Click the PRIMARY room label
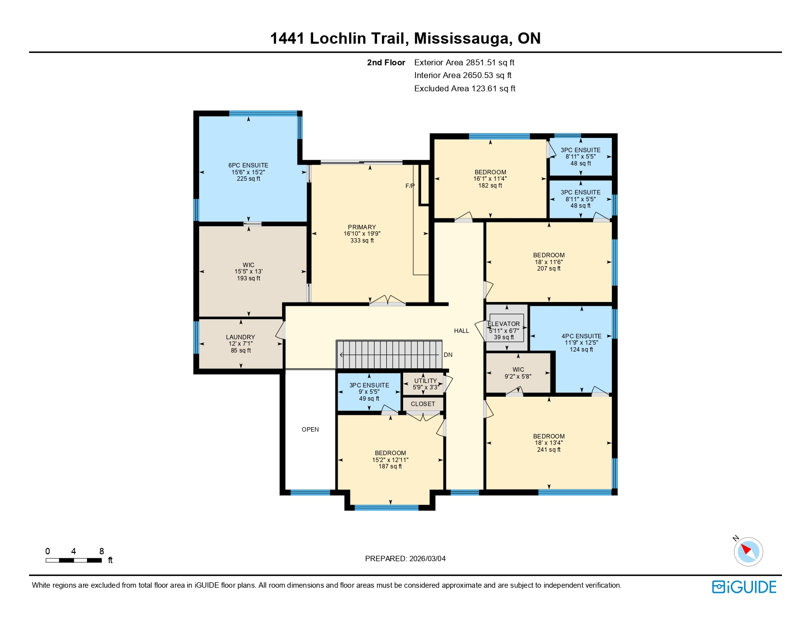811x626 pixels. pyautogui.click(x=362, y=227)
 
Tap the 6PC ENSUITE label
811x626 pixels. pyautogui.click(x=248, y=165)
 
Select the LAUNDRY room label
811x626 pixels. pyautogui.click(x=240, y=337)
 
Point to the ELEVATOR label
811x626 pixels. pyautogui.click(x=504, y=324)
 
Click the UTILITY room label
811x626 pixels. pyautogui.click(x=425, y=381)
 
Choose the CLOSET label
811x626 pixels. pyautogui.click(x=423, y=404)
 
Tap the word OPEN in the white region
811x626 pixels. pyautogui.click(x=310, y=430)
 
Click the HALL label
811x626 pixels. pyautogui.click(x=462, y=331)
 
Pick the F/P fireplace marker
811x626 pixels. pyautogui.click(x=410, y=186)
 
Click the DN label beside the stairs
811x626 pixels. pyautogui.click(x=448, y=355)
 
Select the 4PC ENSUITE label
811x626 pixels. pyautogui.click(x=581, y=336)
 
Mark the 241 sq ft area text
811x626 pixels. pyautogui.click(x=549, y=450)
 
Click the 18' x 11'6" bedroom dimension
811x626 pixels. pyautogui.click(x=549, y=262)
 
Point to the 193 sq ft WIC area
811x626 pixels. pyautogui.click(x=248, y=278)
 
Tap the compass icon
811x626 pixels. pyautogui.click(x=748, y=551)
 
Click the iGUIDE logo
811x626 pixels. pyautogui.click(x=744, y=587)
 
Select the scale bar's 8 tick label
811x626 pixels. pyautogui.click(x=102, y=551)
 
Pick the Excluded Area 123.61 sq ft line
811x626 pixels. pyautogui.click(x=464, y=89)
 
